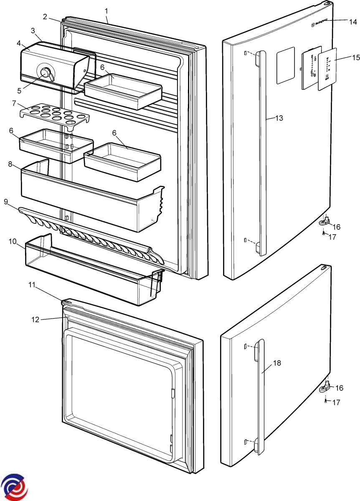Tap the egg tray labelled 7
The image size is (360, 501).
pyautogui.click(x=54, y=114)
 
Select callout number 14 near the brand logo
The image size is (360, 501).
pyautogui.click(x=353, y=21)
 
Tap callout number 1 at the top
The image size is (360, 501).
pyautogui.click(x=106, y=9)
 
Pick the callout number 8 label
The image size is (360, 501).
pyautogui.click(x=9, y=164)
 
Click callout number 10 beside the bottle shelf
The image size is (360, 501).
pyautogui.click(x=12, y=241)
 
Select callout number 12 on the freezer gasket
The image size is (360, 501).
pyautogui.click(x=35, y=319)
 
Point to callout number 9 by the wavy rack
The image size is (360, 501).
pyautogui.click(x=6, y=201)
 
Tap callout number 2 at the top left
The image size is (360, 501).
pyautogui.click(x=45, y=17)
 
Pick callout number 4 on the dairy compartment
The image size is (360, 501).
pyautogui.click(x=18, y=43)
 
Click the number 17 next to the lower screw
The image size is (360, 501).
pyautogui.click(x=335, y=403)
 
